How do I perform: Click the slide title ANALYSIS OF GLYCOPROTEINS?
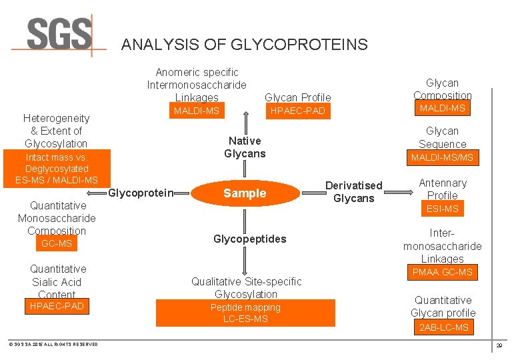click(244, 45)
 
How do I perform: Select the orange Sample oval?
click(244, 193)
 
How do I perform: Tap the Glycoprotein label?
click(140, 193)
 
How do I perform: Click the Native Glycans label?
click(245, 147)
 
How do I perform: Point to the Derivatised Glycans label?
click(353, 192)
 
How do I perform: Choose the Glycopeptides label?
click(249, 239)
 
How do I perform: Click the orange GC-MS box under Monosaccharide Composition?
click(57, 244)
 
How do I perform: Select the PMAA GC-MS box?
click(443, 272)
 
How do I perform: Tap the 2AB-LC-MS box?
click(444, 327)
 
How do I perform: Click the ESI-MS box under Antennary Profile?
click(443, 209)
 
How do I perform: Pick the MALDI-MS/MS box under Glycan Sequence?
click(443, 157)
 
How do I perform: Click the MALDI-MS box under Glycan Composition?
click(443, 108)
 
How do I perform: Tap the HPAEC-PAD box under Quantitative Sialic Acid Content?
click(57, 306)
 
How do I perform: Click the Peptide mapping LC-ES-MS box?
click(245, 313)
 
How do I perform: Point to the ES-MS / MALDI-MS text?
click(57, 180)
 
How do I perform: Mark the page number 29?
click(499, 345)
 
